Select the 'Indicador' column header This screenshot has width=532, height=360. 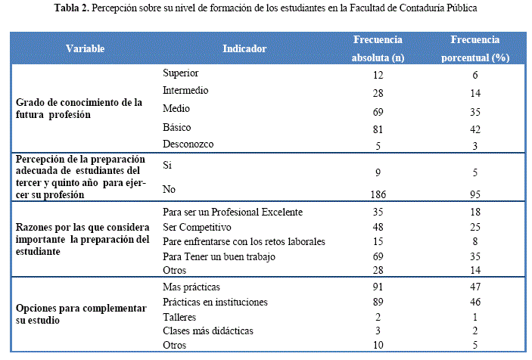coord(244,49)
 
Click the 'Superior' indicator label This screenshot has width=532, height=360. coord(182,73)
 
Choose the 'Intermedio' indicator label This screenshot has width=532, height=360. coord(186,91)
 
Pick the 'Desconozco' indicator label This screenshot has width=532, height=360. coord(189,143)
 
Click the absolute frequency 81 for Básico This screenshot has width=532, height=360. coord(378,129)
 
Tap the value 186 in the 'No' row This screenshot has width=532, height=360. coord(378,194)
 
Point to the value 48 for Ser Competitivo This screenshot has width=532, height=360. coord(378,227)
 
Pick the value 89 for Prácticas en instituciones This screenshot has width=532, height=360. coord(378,303)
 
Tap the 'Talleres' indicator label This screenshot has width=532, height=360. coord(180,317)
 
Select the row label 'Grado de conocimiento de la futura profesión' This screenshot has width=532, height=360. coord(79,109)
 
